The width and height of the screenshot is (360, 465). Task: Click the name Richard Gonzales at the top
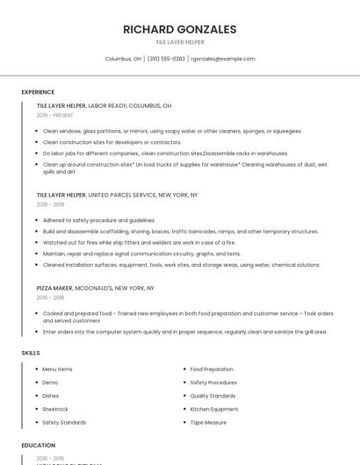click(180, 29)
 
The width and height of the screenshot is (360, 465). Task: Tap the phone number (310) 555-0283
click(166, 59)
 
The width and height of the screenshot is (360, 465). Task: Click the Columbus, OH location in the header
click(123, 59)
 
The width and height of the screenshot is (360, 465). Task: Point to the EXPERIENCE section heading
click(38, 92)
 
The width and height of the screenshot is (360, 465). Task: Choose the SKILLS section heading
click(31, 353)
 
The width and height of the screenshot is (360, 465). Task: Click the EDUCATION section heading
click(39, 446)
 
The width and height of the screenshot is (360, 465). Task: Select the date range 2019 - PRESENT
click(55, 115)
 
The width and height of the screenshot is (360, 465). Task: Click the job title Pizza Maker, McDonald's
click(96, 288)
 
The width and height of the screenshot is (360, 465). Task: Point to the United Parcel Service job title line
click(117, 195)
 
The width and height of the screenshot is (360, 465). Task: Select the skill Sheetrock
click(55, 409)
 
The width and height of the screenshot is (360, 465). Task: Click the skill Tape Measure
click(208, 422)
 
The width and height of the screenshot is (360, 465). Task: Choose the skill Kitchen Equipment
click(214, 409)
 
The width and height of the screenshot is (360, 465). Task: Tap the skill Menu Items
click(58, 369)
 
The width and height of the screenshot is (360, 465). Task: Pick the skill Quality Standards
click(212, 396)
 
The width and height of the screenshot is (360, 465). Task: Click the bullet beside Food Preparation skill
click(183, 369)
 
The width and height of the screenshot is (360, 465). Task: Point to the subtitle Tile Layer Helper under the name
click(180, 42)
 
